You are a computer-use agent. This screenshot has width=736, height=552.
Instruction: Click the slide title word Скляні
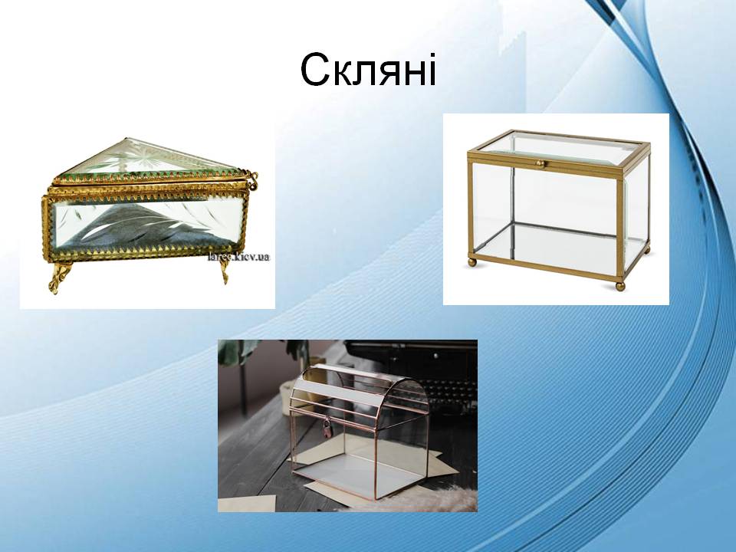[368, 71]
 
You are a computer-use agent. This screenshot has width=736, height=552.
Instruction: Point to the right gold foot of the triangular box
[224, 270]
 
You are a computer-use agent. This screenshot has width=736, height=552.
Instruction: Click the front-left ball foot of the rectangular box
[472, 262]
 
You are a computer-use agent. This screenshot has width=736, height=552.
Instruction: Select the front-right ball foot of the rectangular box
[619, 286]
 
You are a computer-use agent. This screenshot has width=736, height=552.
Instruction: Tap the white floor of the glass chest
[360, 464]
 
